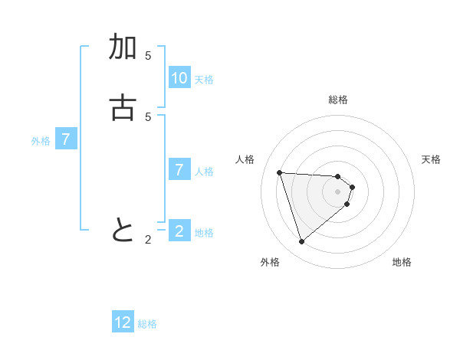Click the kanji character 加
pos(123,47)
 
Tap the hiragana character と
pos(123,230)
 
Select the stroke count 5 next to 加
pos(148,56)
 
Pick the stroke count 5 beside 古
pos(148,116)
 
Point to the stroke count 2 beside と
pos(148,240)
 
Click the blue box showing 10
pos(179,78)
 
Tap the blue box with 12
pos(123,322)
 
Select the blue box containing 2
pos(179,231)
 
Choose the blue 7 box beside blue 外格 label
pos(67,139)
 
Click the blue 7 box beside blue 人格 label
pos(179,169)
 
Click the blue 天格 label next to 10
pos(204,80)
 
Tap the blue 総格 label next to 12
pos(147,324)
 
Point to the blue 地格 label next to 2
pos(204,233)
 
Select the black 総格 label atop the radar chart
pos(338,100)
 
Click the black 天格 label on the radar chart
pos(431,159)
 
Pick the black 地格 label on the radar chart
pos(402,262)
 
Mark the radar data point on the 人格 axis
pos(280,172)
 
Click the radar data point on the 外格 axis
pos(301,242)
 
